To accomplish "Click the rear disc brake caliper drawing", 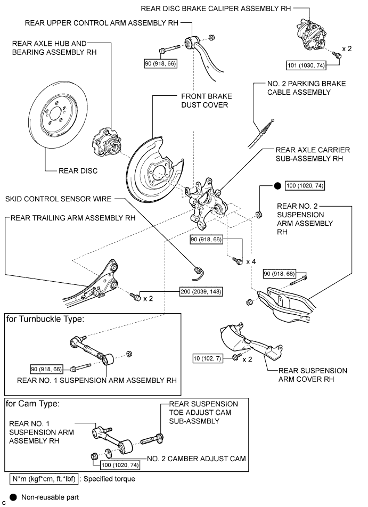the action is pyautogui.click(x=311, y=35).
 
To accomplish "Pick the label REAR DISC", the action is pyautogui.click(x=78, y=171).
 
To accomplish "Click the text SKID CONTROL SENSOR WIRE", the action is pyautogui.click(x=58, y=199).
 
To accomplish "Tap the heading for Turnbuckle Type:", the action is pyautogui.click(x=45, y=319).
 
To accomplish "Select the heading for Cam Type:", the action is pyautogui.click(x=32, y=404).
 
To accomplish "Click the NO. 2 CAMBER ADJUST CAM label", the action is pyautogui.click(x=197, y=459).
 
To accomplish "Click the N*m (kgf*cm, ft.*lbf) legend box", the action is pyautogui.click(x=44, y=479).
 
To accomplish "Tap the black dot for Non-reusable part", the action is pyautogui.click(x=13, y=497).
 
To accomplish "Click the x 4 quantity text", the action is pyautogui.click(x=251, y=261).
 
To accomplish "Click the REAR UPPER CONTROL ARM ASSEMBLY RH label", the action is pyautogui.click(x=102, y=23).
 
